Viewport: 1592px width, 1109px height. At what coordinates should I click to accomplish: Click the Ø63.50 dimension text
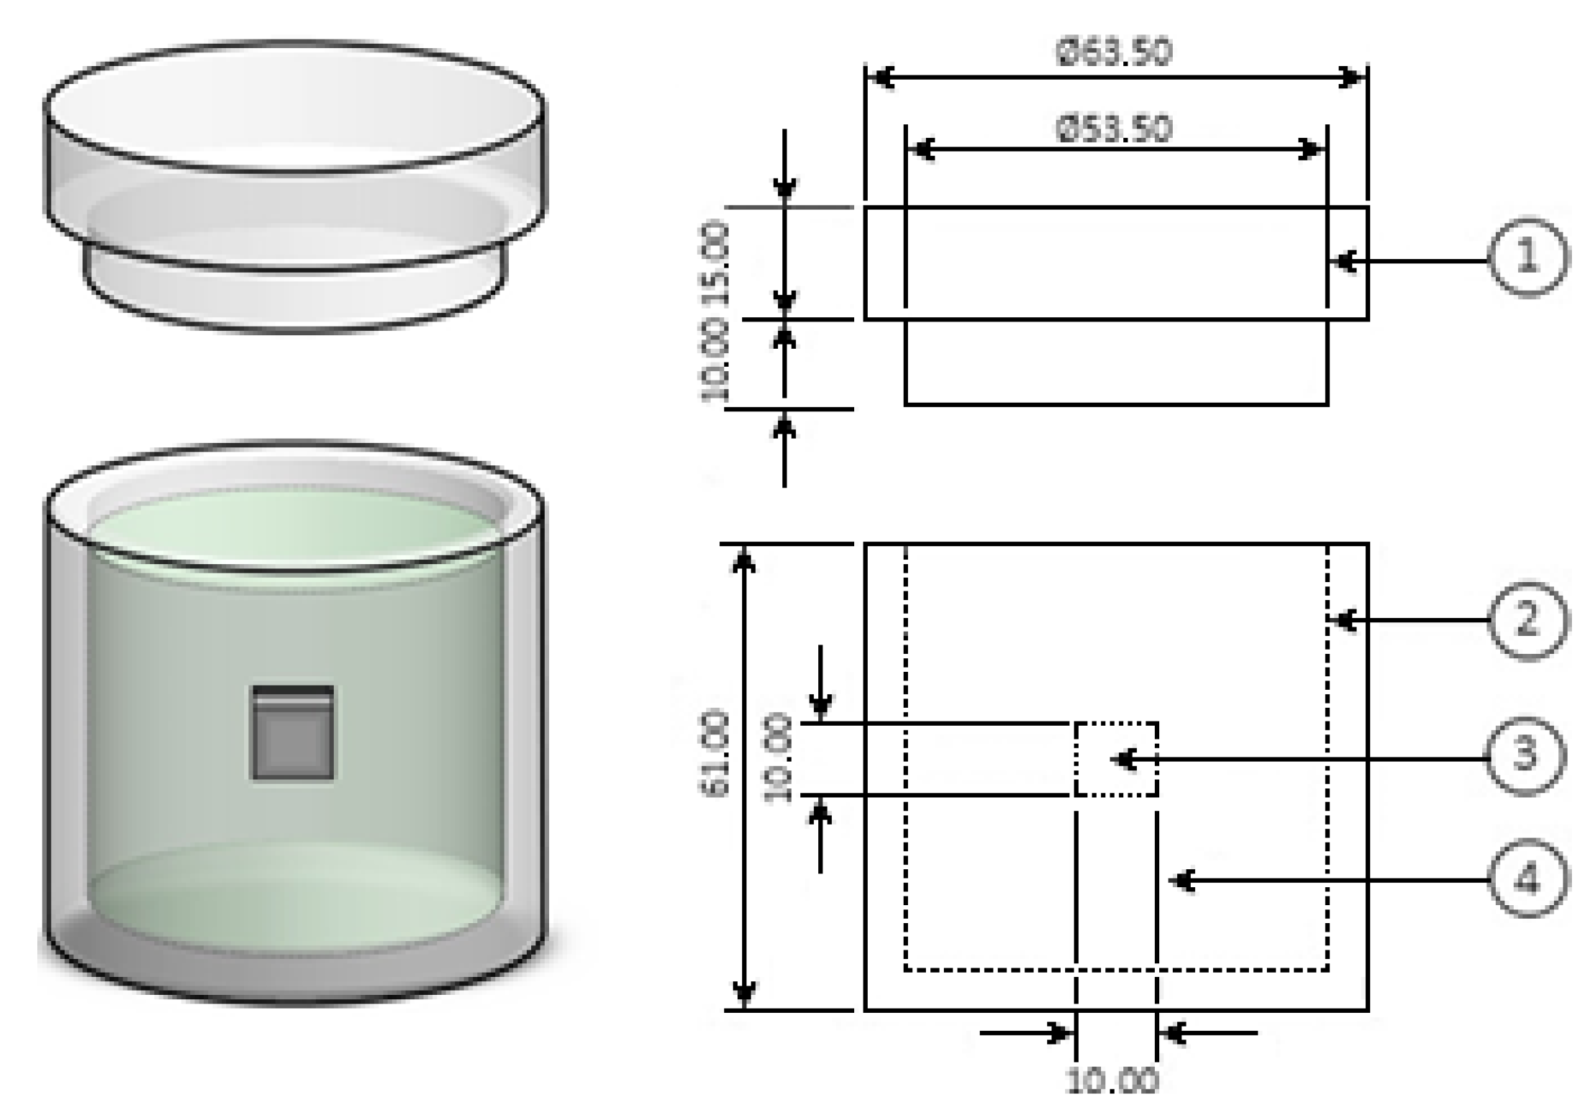coord(1114,52)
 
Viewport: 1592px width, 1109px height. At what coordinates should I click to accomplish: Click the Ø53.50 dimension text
coord(1114,129)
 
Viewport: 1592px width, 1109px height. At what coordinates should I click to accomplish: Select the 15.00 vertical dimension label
coord(715,263)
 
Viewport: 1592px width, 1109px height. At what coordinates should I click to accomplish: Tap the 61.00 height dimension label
coord(715,754)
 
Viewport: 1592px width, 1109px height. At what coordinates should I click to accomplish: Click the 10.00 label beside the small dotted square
coord(777,758)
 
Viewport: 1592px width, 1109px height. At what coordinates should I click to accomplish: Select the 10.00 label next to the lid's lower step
coord(715,363)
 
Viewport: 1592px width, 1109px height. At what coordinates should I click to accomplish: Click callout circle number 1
coord(1527,256)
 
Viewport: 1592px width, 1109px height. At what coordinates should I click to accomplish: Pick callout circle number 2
coord(1527,620)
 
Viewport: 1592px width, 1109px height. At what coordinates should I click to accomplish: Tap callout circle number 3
coord(1525,756)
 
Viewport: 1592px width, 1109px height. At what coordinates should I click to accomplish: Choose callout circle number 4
coord(1526,879)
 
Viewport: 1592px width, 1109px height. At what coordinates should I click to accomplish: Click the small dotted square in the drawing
coord(1116,759)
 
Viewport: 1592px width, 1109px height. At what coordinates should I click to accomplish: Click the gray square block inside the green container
coord(292,733)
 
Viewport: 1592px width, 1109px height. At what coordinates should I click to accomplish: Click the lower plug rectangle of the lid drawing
coord(1116,362)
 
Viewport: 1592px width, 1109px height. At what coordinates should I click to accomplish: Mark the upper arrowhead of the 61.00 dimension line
coord(744,560)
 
